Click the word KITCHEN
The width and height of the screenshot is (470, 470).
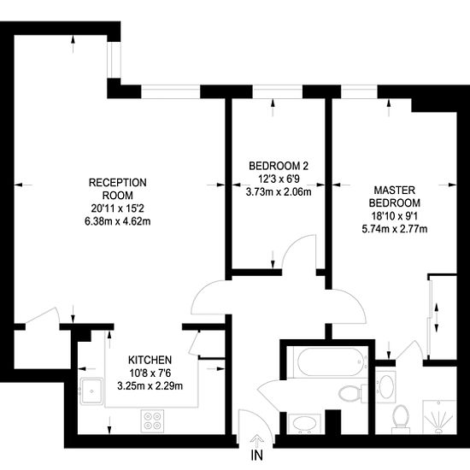click(x=150, y=360)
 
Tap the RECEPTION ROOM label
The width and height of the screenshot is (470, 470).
click(x=118, y=189)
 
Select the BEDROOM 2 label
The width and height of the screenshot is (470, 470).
click(x=279, y=166)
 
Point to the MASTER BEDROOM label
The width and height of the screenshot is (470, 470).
click(x=395, y=197)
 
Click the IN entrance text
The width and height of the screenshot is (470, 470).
click(x=257, y=455)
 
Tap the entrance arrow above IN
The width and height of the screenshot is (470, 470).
click(x=257, y=441)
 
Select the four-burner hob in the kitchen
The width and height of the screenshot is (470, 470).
click(x=153, y=421)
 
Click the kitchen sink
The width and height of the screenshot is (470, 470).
click(x=91, y=391)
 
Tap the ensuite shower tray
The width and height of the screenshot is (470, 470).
click(x=439, y=417)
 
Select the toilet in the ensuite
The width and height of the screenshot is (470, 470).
click(x=401, y=419)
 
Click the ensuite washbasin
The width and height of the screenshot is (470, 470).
click(x=385, y=386)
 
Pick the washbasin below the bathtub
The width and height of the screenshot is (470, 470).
click(x=304, y=424)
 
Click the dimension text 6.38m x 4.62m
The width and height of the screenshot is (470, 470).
click(x=118, y=221)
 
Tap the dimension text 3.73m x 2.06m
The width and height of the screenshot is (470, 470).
click(x=279, y=191)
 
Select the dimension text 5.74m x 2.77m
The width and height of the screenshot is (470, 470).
click(x=395, y=229)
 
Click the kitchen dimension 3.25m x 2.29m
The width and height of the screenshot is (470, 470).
click(x=150, y=385)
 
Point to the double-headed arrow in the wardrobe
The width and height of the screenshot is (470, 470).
click(x=437, y=318)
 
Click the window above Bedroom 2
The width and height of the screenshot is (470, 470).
click(x=278, y=91)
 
